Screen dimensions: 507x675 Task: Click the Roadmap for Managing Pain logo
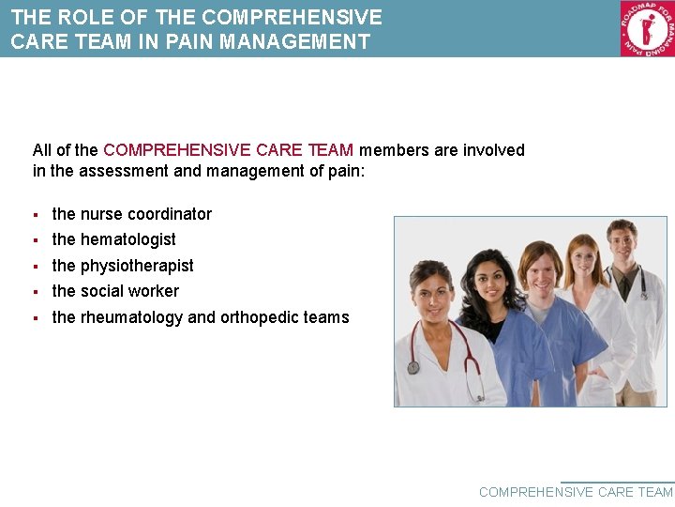pos(647,28)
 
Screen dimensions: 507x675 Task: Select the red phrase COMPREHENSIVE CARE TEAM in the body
pos(228,150)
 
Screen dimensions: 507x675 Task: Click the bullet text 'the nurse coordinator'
pos(131,214)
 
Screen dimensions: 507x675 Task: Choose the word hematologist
pos(127,239)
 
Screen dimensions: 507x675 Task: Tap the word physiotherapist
pos(137,266)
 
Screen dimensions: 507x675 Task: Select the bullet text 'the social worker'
pos(115,291)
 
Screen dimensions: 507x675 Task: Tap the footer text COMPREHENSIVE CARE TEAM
pos(576,492)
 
